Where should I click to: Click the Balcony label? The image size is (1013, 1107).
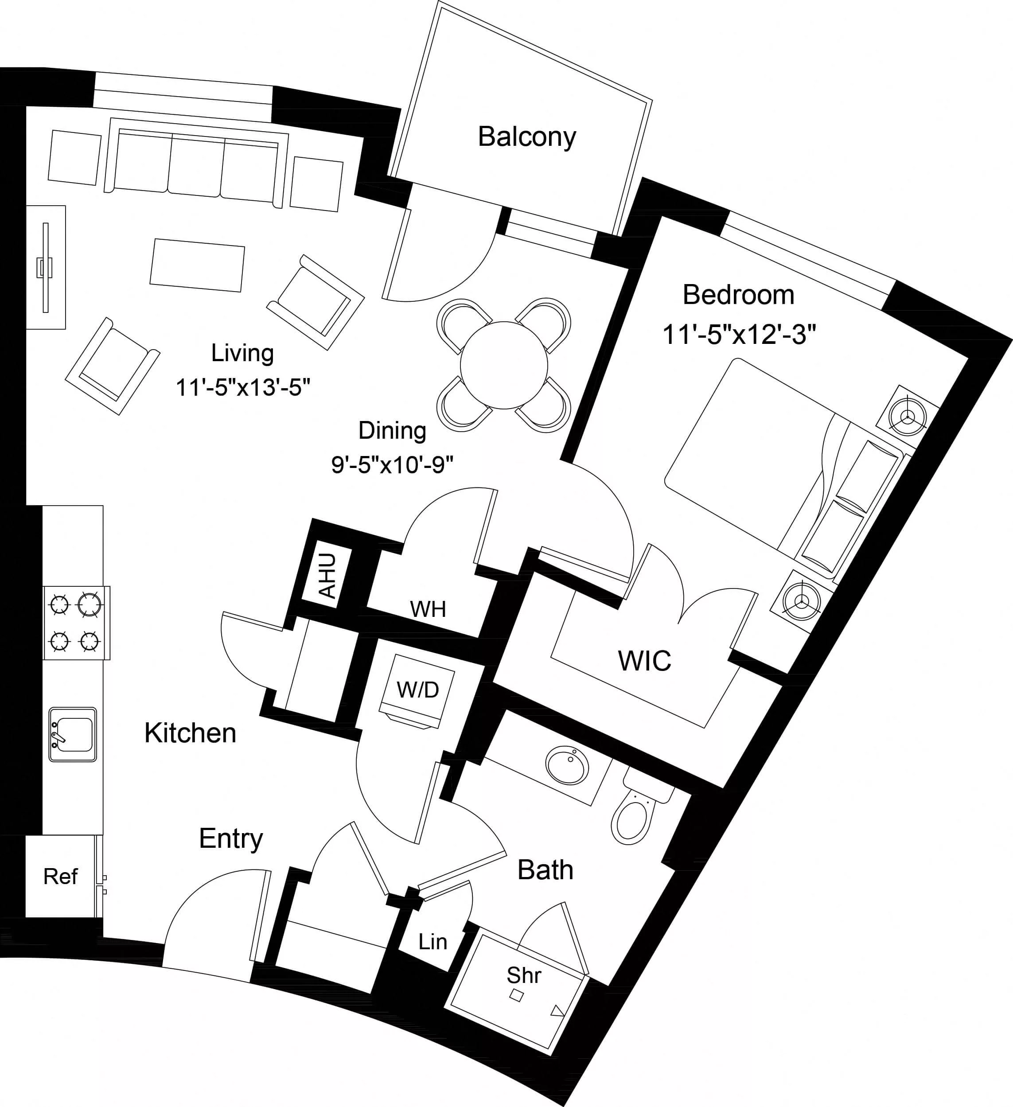point(526,137)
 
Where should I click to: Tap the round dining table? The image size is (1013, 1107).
point(503,365)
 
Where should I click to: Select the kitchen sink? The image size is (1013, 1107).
point(73,734)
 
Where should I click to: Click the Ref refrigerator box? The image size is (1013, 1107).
point(60,877)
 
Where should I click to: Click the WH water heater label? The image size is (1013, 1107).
point(428,609)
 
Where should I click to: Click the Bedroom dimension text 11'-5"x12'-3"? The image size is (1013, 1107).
point(739,334)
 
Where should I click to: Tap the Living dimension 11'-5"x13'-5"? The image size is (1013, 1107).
point(243,388)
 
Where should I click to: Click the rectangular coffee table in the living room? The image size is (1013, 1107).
point(197,265)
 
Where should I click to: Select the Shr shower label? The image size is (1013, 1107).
point(523,976)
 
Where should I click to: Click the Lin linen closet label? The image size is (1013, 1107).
point(432,942)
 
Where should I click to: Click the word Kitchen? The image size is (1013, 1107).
point(190,733)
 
